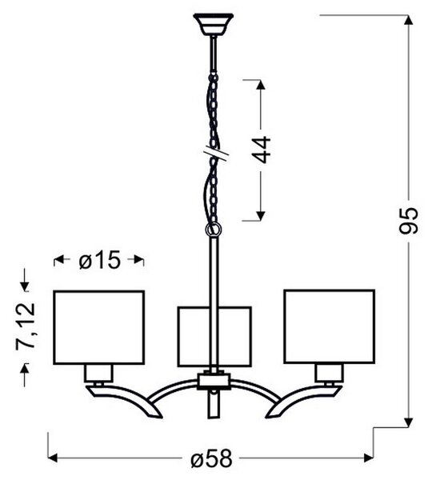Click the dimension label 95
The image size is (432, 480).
click(x=409, y=221)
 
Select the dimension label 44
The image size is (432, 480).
click(x=261, y=150)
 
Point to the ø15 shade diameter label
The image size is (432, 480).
click(x=99, y=260)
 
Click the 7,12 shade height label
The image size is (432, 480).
click(x=26, y=326)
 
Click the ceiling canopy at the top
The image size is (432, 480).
click(x=213, y=24)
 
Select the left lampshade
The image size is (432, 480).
click(x=99, y=327)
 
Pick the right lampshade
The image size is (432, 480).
click(x=329, y=326)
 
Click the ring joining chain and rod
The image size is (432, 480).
click(x=214, y=230)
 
